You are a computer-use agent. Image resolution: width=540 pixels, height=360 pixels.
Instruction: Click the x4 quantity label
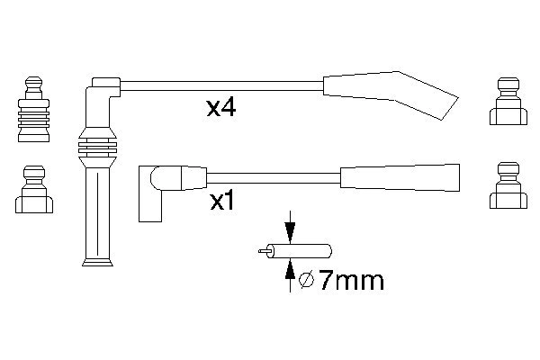pyautogui.click(x=221, y=108)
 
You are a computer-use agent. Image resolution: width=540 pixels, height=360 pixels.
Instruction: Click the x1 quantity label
pyautogui.click(x=222, y=202)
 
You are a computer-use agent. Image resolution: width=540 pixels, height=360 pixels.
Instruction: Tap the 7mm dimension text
pyautogui.click(x=351, y=281)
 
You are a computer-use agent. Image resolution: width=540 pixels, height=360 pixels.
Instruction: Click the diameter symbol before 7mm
pyautogui.click(x=306, y=280)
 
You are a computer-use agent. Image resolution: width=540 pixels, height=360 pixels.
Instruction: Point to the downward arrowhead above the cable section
pyautogui.click(x=290, y=233)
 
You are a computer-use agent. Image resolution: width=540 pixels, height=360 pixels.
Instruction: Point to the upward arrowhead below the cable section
pyautogui.click(x=290, y=268)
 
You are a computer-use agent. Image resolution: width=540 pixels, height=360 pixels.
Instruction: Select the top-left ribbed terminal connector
pyautogui.click(x=34, y=109)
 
